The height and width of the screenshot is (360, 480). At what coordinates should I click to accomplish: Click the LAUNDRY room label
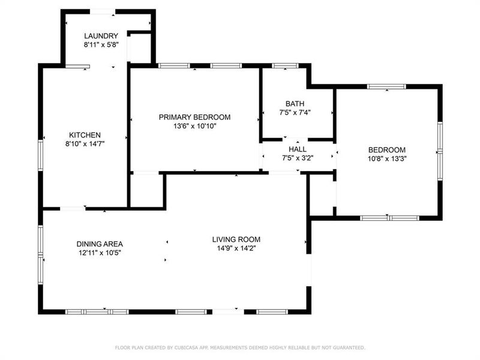(101, 36)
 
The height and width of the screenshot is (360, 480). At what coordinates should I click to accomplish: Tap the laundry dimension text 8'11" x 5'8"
(101, 44)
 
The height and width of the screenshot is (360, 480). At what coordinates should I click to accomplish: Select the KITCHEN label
(85, 135)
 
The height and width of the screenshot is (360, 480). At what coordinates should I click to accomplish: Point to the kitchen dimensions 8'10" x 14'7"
(85, 144)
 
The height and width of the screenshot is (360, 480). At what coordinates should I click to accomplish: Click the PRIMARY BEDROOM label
(194, 117)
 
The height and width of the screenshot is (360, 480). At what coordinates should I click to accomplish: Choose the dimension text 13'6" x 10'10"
(194, 126)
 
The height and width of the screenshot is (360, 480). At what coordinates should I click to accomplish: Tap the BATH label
(295, 103)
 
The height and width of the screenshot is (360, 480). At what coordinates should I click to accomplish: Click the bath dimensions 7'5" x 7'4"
(295, 112)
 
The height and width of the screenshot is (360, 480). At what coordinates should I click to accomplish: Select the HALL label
(298, 149)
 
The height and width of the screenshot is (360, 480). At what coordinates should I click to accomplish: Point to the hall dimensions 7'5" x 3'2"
(298, 158)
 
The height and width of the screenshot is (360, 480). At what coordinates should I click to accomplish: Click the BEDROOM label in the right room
(387, 150)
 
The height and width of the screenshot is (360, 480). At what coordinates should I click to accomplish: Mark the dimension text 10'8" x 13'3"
(387, 159)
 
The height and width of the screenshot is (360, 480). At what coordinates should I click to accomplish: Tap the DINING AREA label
(100, 244)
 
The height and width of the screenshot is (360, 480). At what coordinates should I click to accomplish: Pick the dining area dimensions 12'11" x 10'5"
(100, 253)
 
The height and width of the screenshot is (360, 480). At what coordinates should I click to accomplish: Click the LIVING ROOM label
(236, 239)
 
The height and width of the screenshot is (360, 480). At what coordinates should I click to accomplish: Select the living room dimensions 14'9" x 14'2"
(236, 248)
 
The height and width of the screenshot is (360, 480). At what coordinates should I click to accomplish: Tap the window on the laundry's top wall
(103, 11)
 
